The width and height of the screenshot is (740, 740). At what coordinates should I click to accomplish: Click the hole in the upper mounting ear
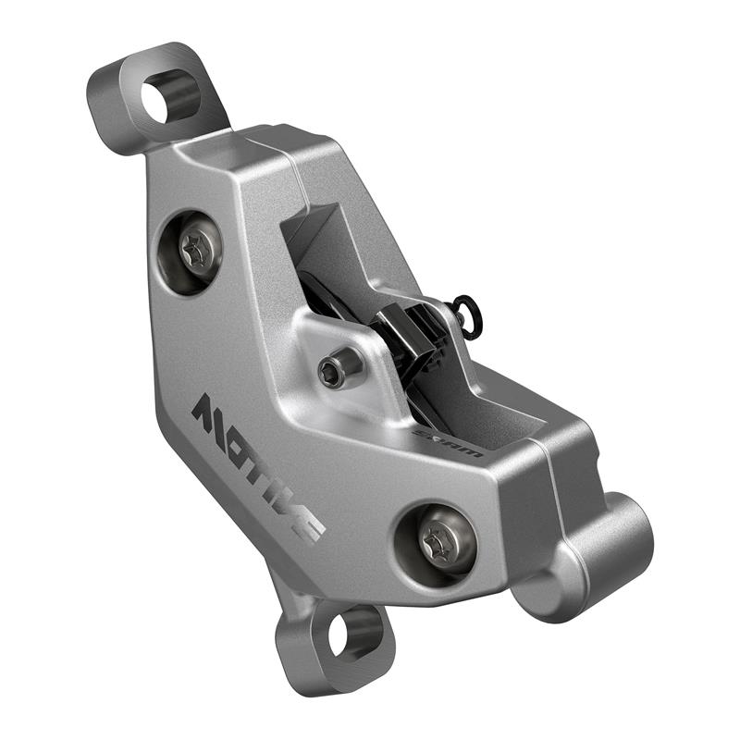(x=158, y=98)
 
